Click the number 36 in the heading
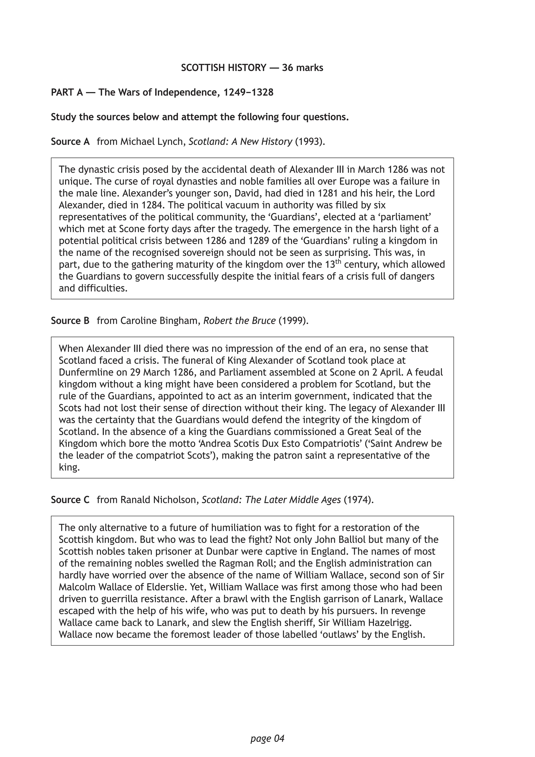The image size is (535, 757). pyautogui.click(x=287, y=68)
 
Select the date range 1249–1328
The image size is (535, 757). pyautogui.click(x=248, y=92)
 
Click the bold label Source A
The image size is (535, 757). pyautogui.click(x=70, y=142)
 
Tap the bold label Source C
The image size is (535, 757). pyautogui.click(x=70, y=500)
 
